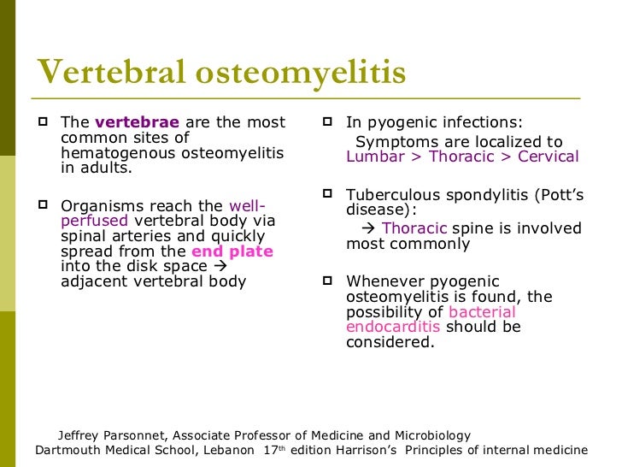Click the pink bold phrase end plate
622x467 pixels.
pos(232,251)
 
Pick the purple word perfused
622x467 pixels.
pos(94,221)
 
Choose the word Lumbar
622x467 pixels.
pos(373,157)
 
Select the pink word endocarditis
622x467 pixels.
pos(393,328)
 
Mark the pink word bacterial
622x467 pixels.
pos(482,312)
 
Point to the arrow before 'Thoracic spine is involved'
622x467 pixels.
pos(369,228)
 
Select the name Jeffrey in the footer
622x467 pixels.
pos(81,435)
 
